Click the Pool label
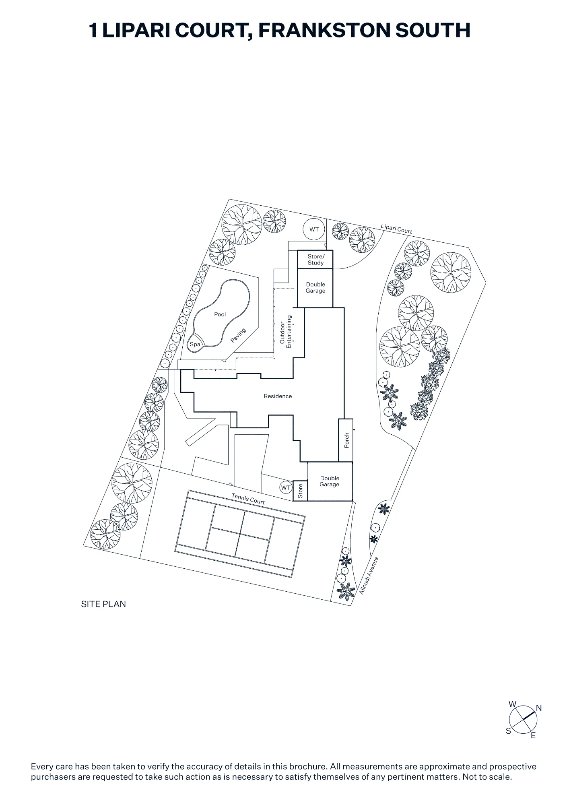coord(220,314)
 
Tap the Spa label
coord(195,344)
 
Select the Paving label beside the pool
coord(238,335)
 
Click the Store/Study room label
coord(316,260)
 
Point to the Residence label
coord(278,396)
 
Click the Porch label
coord(346,440)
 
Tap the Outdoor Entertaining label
coord(285,332)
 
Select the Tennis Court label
coord(248,499)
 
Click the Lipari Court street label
coord(396,229)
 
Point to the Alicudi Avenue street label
coord(369,576)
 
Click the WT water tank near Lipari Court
coord(314,229)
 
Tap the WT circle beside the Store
coord(286,488)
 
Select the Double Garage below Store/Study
coord(315,288)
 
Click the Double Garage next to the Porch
coord(330,481)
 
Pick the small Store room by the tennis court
coord(300,491)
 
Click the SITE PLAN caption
coord(103,604)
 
